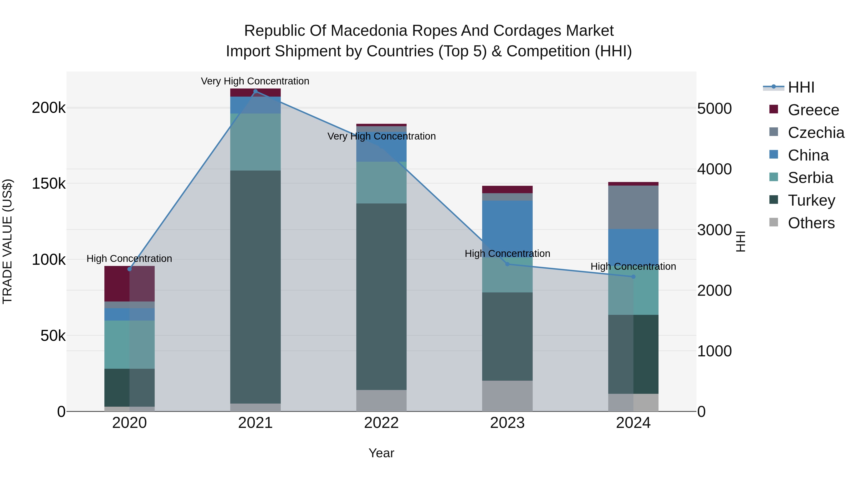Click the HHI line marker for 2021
[x=255, y=91]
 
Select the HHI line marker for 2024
[x=633, y=277]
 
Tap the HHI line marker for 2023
[x=507, y=264]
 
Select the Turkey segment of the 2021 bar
[x=255, y=287]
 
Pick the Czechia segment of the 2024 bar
[x=633, y=207]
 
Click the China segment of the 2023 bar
[x=507, y=229]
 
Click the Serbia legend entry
[x=810, y=178]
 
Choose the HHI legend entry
[x=801, y=87]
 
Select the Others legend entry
[x=811, y=223]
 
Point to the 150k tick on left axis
[x=49, y=184]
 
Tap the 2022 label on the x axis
[x=381, y=423]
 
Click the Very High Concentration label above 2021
[x=255, y=81]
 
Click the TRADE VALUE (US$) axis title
[x=7, y=241]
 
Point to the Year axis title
[x=381, y=453]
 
